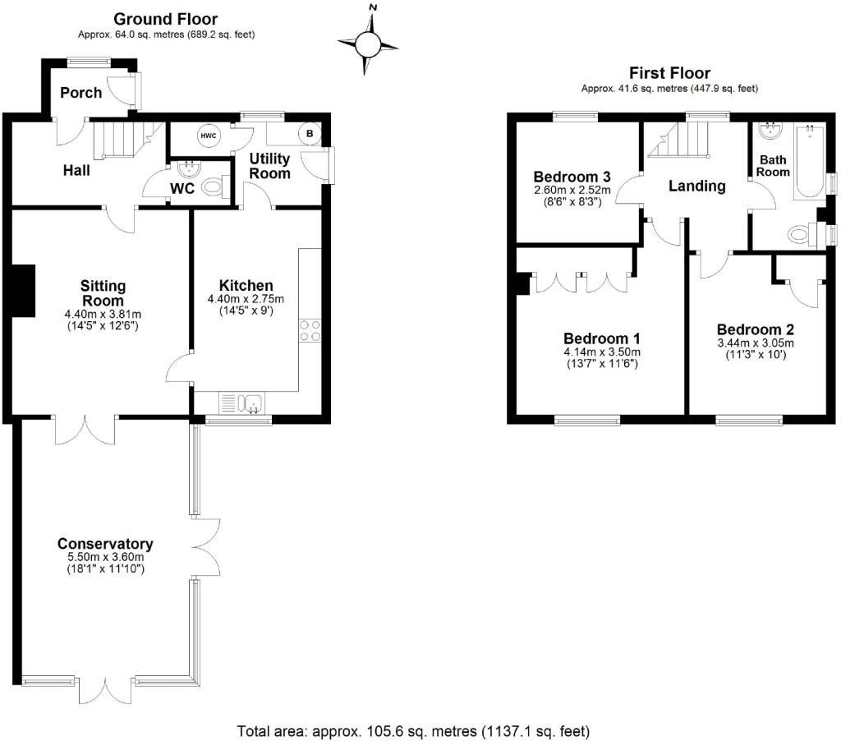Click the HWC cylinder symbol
coord(208,136)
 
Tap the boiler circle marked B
coord(310,134)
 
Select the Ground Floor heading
coord(166,19)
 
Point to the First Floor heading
coord(669,72)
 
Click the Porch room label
coord(81,93)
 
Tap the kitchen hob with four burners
coord(310,330)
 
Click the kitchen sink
coord(241,403)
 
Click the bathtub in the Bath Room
coord(809,161)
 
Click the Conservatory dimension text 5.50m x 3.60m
coord(105,557)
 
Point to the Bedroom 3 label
coord(572,177)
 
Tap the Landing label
coord(696,186)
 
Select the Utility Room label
coord(269,166)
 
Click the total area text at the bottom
coord(414,731)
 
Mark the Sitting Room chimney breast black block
coord(24,290)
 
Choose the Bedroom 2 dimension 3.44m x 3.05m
coord(756,343)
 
